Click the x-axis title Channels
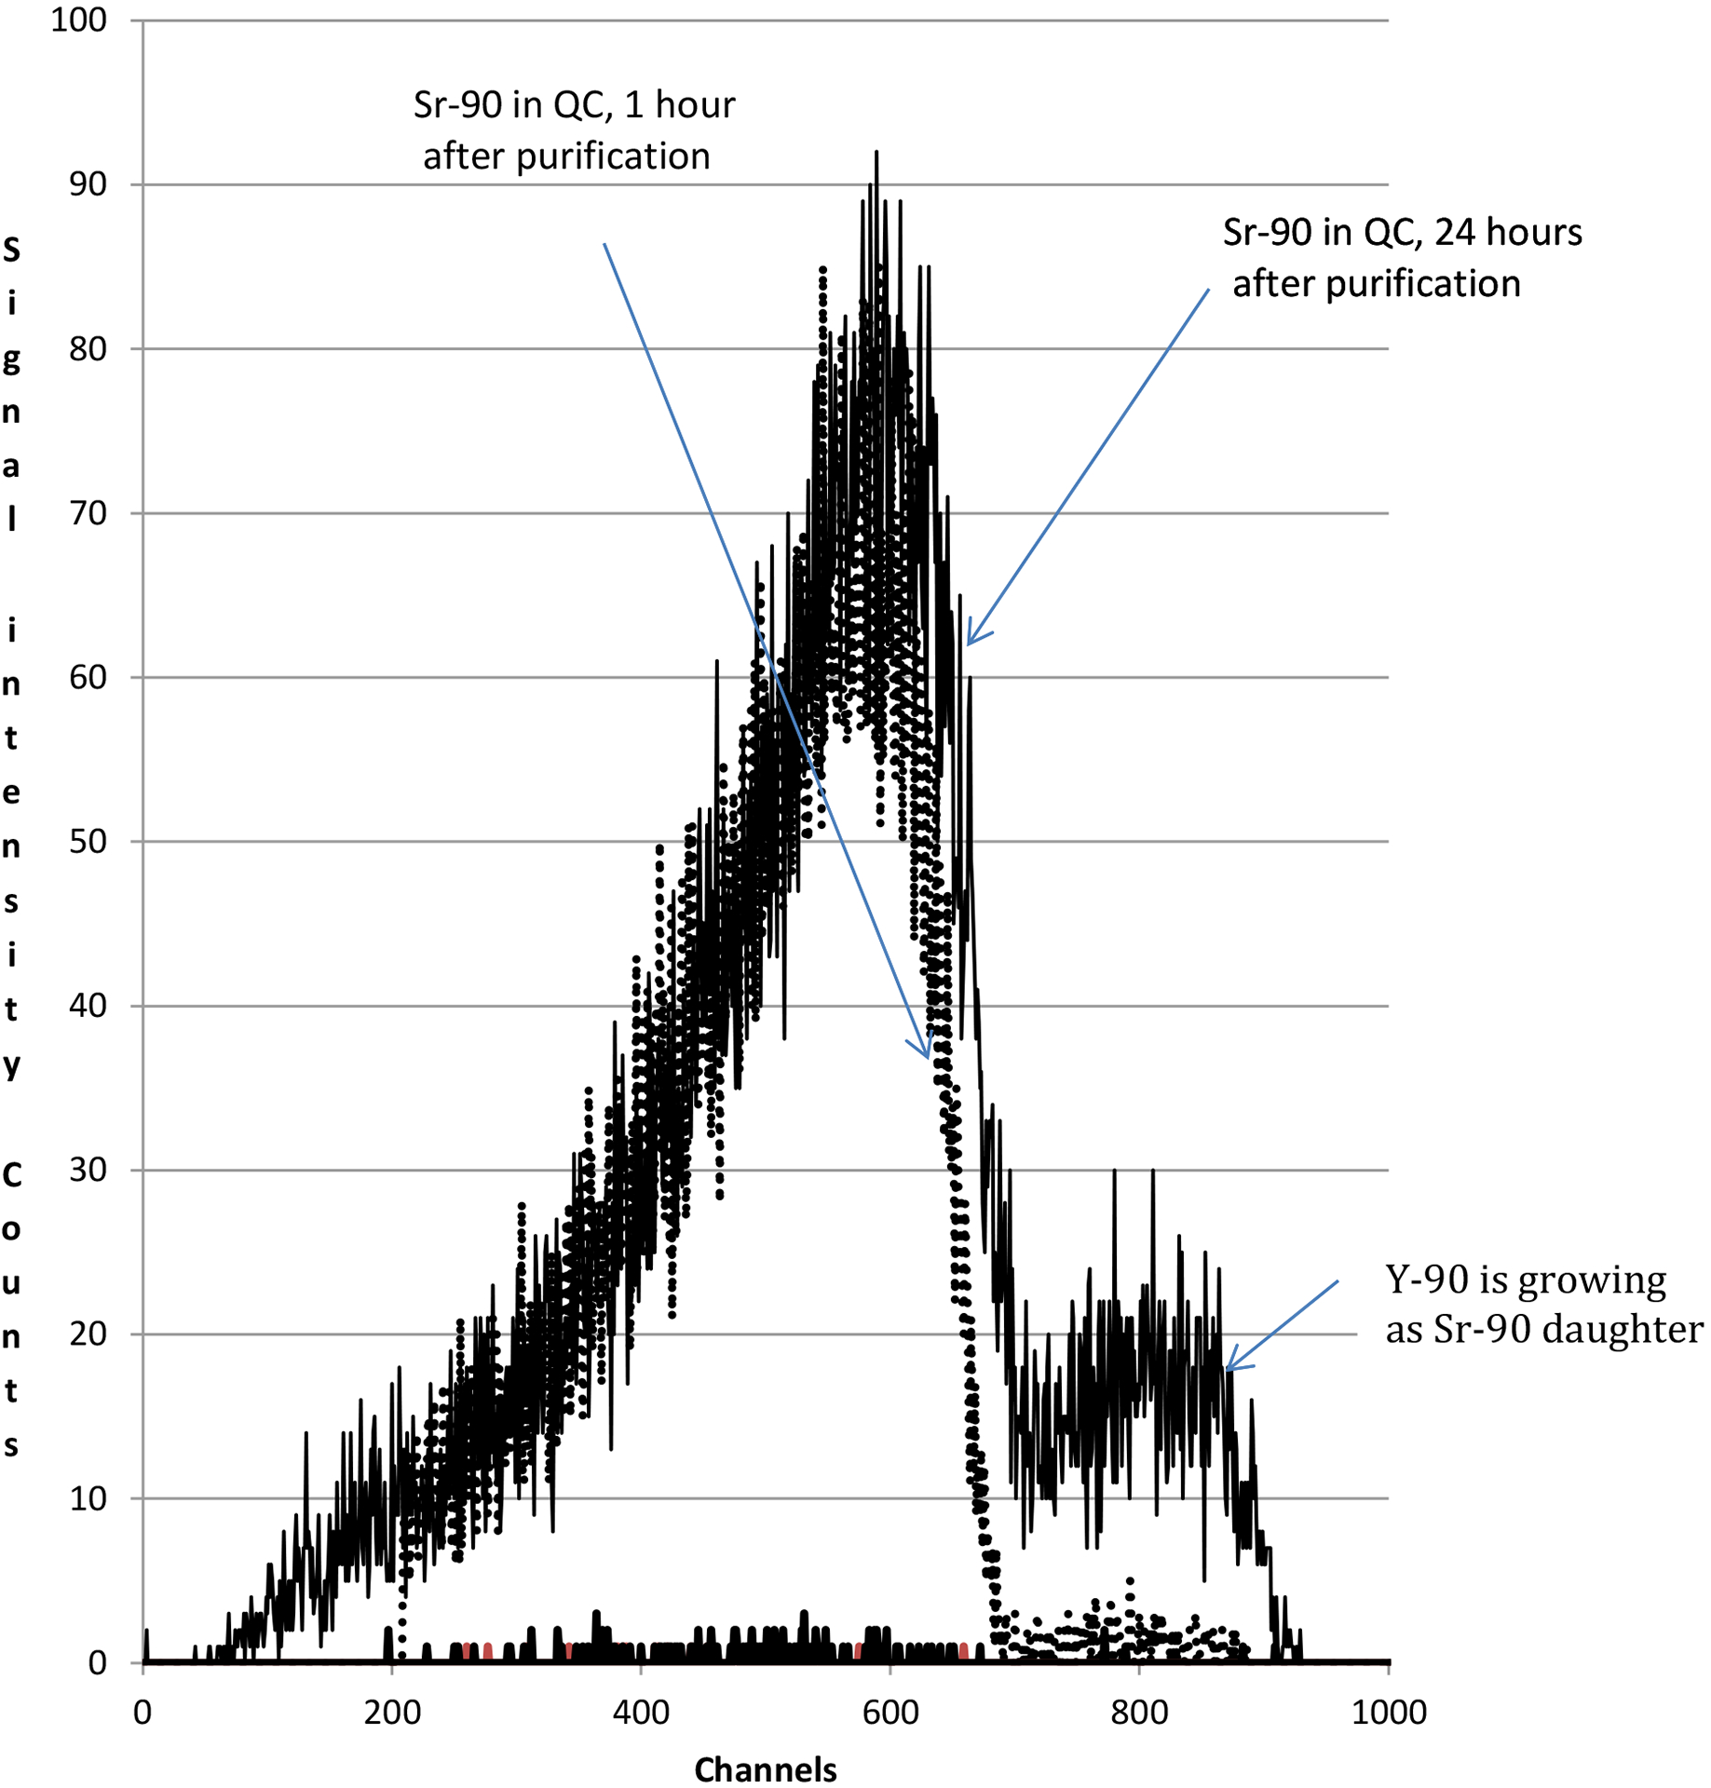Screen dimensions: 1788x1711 coord(765,1768)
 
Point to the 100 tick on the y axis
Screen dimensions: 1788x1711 coord(78,20)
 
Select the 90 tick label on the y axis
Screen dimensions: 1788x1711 coord(88,184)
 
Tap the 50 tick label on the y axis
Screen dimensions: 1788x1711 coord(88,842)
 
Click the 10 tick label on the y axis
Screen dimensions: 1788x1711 coord(88,1498)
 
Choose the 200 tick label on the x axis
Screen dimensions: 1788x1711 coord(391,1712)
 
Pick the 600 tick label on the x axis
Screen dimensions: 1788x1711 coord(890,1712)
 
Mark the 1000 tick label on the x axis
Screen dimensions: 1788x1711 coord(1389,1712)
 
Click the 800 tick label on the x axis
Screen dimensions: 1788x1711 coord(1139,1712)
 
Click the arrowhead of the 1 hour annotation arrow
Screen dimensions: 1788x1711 coord(927,1056)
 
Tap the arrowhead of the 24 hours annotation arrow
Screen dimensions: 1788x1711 coord(970,643)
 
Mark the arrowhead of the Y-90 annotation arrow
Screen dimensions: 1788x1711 coord(1229,1369)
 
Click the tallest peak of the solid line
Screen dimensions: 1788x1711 coord(876,153)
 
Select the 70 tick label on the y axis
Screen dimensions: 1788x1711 coord(88,513)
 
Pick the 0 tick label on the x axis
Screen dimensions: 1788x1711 coord(143,1712)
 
